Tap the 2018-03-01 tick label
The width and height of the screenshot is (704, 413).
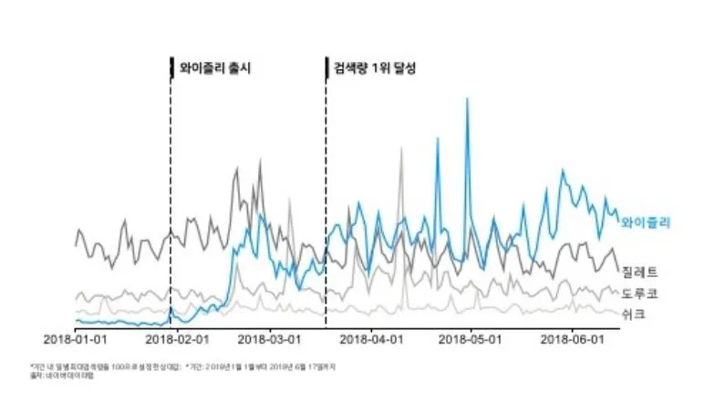point(269,337)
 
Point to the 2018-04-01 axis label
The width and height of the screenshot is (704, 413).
point(372,337)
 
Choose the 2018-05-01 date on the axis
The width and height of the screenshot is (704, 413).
point(471,337)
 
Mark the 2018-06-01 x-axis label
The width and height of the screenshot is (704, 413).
point(573,337)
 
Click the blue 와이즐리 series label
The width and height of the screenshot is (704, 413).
point(646,222)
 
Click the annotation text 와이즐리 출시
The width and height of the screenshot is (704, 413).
point(215,68)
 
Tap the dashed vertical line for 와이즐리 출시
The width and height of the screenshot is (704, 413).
point(171,201)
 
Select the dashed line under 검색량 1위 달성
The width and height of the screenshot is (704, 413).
point(326,201)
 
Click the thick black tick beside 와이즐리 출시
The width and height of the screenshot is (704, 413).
point(171,67)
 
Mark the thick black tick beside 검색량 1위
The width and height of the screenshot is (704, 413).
point(326,67)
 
